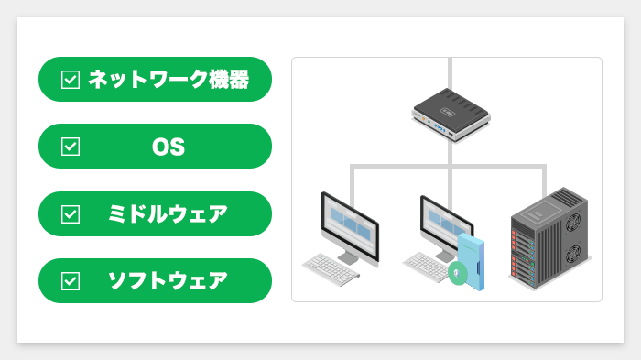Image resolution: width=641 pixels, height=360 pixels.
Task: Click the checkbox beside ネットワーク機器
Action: pos(71,80)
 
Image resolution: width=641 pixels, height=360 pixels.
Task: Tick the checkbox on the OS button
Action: pos(71,147)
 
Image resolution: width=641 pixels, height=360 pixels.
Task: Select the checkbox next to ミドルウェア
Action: pos(71,213)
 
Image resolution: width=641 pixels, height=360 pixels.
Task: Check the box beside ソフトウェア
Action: pos(71,280)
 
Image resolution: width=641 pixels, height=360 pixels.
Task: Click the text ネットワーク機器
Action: pos(168,80)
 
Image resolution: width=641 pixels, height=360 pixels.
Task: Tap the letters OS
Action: pos(168,147)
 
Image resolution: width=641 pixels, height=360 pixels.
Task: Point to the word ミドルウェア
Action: pos(168,213)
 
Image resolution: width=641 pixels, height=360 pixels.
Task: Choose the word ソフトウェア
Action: pos(168,280)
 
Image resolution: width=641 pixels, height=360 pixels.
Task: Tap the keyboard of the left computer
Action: pos(331,267)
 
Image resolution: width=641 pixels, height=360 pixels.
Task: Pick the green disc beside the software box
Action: pos(457,272)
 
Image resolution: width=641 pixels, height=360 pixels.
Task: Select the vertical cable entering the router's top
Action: pos(450,73)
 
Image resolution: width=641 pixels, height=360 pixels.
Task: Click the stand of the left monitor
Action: pos(349,257)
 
